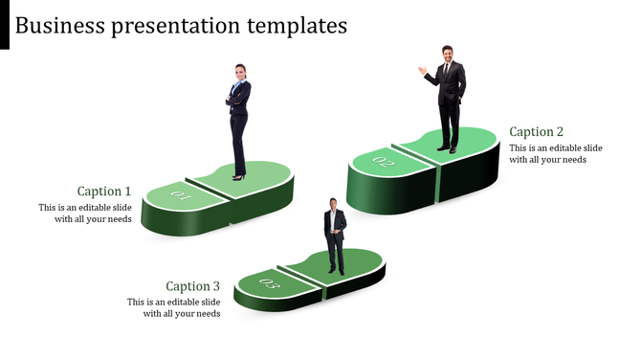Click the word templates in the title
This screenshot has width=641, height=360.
pyautogui.click(x=293, y=26)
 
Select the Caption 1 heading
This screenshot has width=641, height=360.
pyautogui.click(x=104, y=191)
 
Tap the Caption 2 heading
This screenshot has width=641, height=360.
pyautogui.click(x=537, y=132)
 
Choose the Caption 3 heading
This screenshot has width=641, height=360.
pyautogui.click(x=192, y=286)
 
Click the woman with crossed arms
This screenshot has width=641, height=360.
pyautogui.click(x=238, y=120)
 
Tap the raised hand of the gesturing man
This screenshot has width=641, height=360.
pyautogui.click(x=421, y=70)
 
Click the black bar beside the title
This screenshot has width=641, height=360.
pyautogui.click(x=5, y=25)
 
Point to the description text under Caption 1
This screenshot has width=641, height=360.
pyautogui.click(x=85, y=214)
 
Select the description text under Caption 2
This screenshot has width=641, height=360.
pyautogui.click(x=555, y=154)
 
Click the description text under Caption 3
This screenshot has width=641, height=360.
pyautogui.click(x=174, y=307)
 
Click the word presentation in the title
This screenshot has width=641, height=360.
pyautogui.click(x=163, y=26)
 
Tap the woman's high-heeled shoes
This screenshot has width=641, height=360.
pyautogui.click(x=237, y=176)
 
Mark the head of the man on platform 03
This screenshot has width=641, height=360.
pyautogui.click(x=333, y=204)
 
